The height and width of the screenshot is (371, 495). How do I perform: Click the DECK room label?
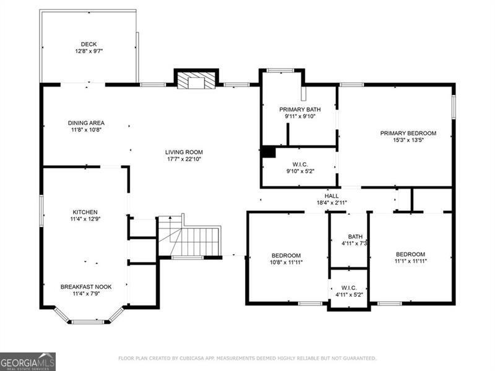88,44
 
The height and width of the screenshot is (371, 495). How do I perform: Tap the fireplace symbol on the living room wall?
196,81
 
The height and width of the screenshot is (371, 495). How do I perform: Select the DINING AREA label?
86,123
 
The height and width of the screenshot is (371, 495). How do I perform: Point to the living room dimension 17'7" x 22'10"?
184,159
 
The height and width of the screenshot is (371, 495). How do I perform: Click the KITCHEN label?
85,212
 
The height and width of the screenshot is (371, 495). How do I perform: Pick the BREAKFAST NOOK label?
86,287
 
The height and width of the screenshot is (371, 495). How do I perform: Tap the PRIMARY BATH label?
300,109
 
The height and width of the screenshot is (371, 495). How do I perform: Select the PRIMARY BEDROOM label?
408,134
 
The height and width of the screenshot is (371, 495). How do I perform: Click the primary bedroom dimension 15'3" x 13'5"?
408,140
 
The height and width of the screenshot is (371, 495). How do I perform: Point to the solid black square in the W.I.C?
269,152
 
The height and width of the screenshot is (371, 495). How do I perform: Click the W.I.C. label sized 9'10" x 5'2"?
300,164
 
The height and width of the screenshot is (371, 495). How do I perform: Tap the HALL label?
332,196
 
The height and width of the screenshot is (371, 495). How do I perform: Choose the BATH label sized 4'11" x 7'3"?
355,237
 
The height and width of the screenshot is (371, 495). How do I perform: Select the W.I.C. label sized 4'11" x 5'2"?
349,288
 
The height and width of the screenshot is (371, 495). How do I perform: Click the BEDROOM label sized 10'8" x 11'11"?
286,255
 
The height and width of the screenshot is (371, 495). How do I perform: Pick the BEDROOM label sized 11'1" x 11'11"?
410,254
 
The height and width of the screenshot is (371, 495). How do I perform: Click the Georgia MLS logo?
28,362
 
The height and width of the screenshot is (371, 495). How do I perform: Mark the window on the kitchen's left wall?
41,210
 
